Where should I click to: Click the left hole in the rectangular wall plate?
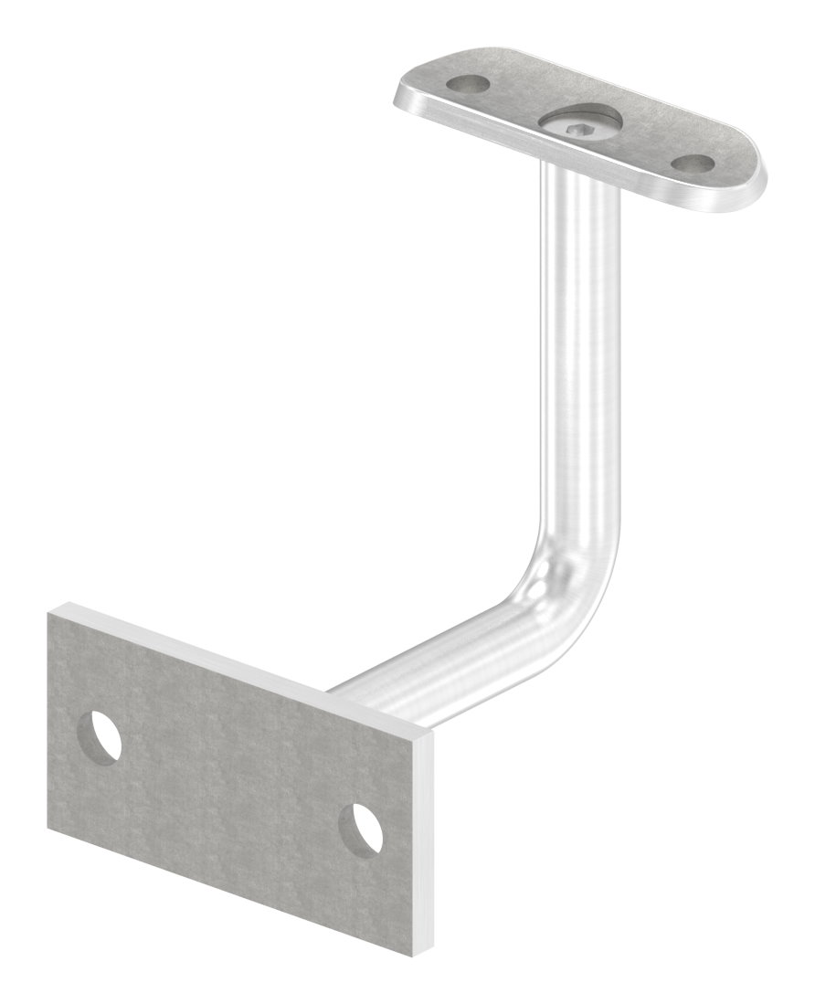[x=99, y=736]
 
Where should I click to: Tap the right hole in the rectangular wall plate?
[x=360, y=828]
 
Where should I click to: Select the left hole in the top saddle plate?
[x=467, y=85]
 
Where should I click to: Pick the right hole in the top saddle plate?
[x=691, y=164]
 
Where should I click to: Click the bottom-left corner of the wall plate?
[x=48, y=833]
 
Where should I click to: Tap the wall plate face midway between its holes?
[x=228, y=782]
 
